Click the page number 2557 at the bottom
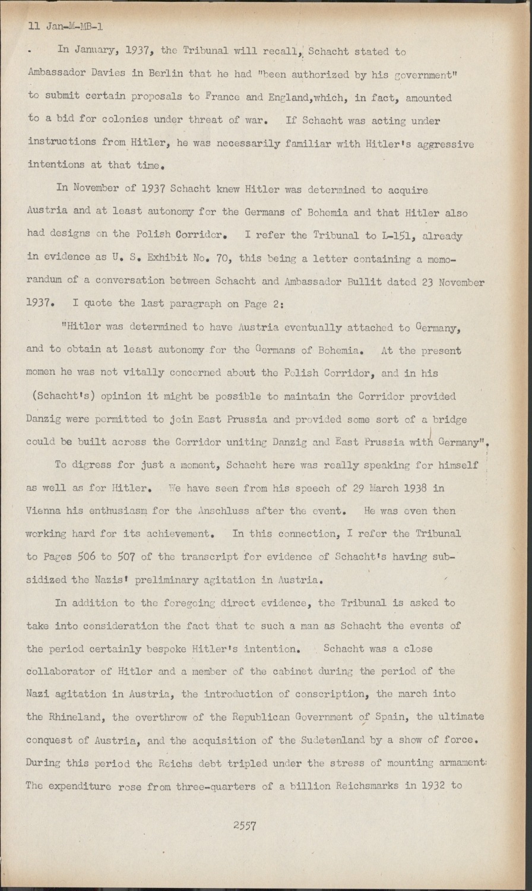click(x=245, y=825)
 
